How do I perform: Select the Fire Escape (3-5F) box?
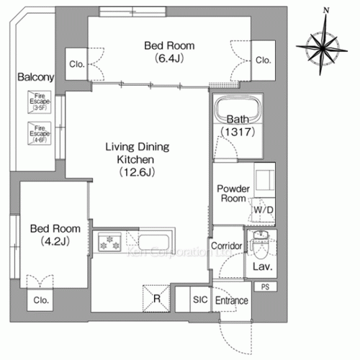point(37,103)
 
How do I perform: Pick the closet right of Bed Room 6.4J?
point(264,60)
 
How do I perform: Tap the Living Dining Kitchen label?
point(137,159)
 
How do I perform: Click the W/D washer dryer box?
point(262,210)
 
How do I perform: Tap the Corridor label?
point(225,246)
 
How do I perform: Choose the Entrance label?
point(230,301)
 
